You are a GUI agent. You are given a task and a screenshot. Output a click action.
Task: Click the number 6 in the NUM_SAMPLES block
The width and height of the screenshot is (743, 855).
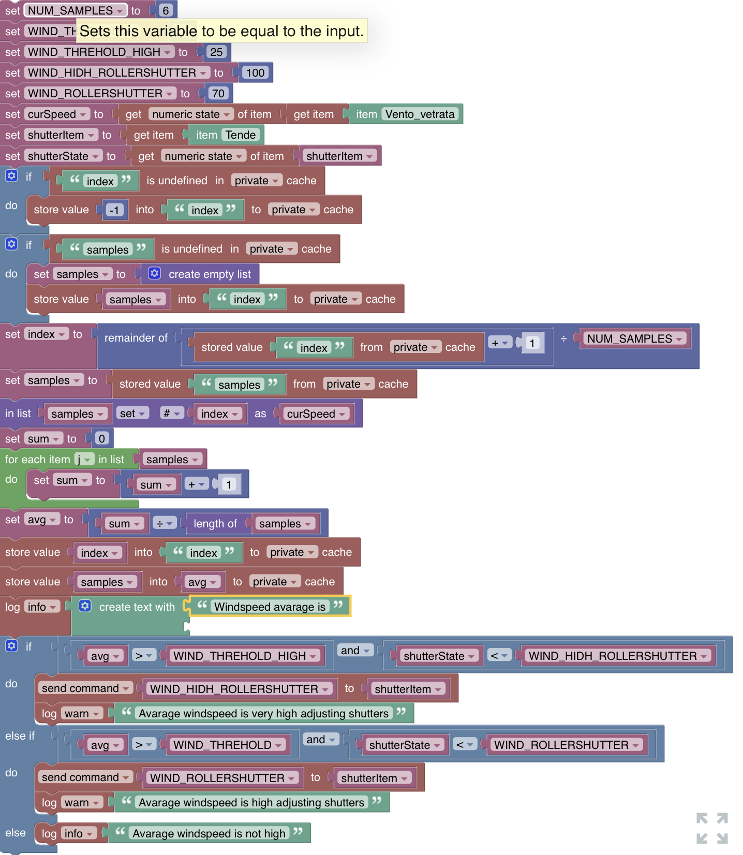[166, 10]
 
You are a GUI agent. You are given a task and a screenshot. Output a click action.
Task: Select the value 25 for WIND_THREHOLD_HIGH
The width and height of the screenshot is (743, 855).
[216, 52]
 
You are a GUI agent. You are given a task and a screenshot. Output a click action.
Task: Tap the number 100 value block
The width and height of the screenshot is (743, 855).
[255, 72]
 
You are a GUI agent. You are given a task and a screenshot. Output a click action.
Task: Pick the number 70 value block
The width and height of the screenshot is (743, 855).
[218, 93]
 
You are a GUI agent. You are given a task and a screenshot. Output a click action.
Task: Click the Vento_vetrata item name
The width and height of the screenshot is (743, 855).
[420, 114]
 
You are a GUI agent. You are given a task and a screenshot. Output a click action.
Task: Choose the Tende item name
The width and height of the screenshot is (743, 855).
[241, 135]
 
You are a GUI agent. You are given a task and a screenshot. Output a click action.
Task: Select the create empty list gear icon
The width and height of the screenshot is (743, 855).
[154, 273]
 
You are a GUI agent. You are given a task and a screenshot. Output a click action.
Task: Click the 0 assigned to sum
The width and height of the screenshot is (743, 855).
[102, 438]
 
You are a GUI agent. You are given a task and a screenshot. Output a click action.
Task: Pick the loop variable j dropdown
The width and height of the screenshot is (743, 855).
[84, 459]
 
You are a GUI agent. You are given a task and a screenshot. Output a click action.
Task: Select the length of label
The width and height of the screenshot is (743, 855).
[215, 523]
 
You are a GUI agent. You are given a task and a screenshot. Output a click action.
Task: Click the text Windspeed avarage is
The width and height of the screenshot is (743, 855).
[270, 607]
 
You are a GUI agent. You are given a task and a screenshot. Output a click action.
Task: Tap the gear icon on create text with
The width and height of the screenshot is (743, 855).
[85, 606]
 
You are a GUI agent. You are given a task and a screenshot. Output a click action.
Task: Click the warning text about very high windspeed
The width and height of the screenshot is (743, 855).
[264, 713]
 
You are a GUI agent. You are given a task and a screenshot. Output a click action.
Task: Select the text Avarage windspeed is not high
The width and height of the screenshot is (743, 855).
[209, 833]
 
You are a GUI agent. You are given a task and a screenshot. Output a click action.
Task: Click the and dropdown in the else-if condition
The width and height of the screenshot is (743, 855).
[322, 740]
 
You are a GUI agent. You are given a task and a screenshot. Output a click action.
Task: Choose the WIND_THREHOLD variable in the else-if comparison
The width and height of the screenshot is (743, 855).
[227, 745]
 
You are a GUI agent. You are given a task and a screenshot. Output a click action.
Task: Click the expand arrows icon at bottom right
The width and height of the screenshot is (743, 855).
[712, 828]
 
